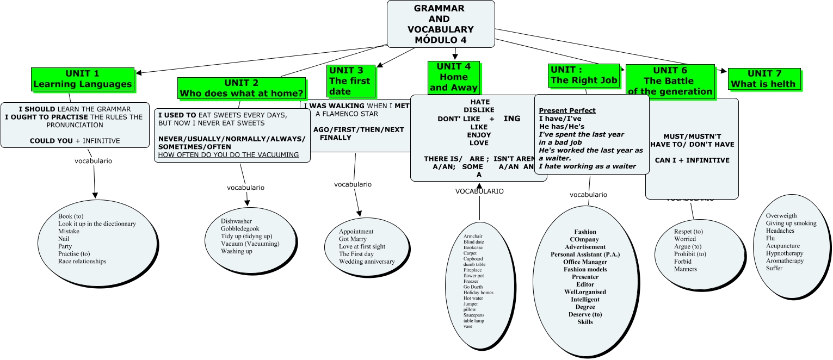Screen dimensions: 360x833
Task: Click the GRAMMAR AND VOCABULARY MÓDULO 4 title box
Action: coord(440,24)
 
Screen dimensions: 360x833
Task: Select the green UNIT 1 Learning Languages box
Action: coord(83,79)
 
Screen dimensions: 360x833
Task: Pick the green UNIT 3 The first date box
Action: coord(350,80)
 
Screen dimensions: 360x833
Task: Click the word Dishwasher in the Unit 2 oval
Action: coord(236,221)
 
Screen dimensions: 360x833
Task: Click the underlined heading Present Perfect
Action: coord(567,111)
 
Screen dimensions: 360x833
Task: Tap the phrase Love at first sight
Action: coord(362,247)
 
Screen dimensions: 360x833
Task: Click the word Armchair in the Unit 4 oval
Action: coord(473,237)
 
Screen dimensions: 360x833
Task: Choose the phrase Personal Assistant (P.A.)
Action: coord(585,255)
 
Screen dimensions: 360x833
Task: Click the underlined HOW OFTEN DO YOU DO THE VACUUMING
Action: coord(229,155)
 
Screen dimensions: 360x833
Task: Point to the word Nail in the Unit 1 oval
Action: coord(64,239)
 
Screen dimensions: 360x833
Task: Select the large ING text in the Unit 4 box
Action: coord(512,119)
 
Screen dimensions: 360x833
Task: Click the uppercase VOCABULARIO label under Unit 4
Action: coord(479,191)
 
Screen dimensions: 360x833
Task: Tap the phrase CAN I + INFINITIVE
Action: coord(692,160)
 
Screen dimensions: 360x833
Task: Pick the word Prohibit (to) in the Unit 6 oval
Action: coord(690,254)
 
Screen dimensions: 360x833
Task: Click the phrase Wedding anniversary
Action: coord(367,262)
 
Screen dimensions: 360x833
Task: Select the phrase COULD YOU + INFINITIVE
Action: coord(75,141)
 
